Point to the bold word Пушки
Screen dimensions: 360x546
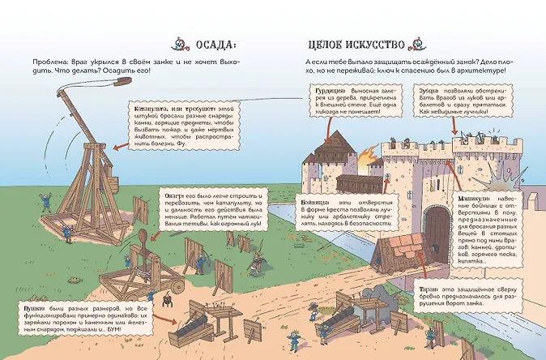[33, 309]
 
